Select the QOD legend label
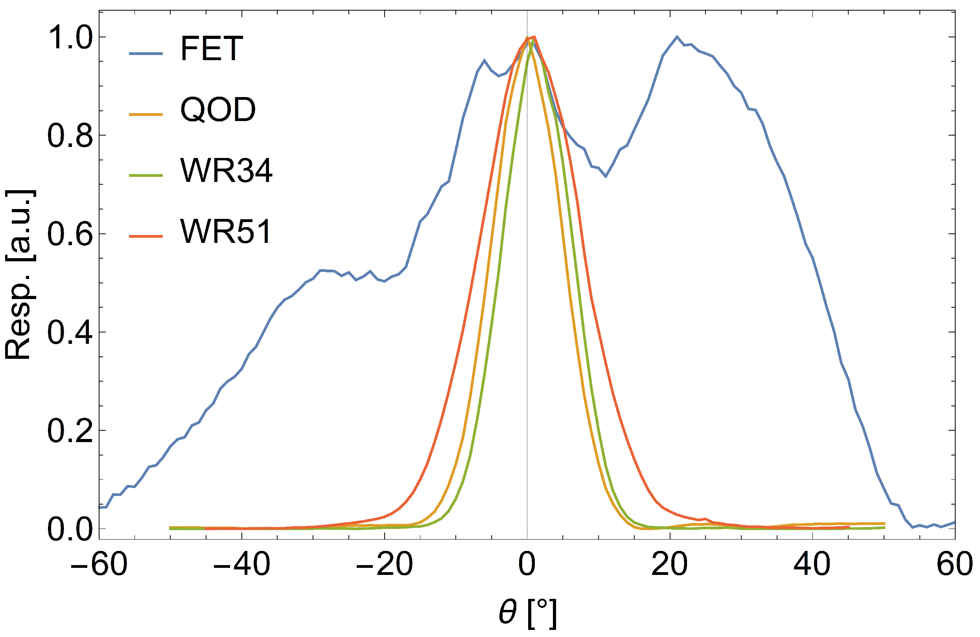(x=218, y=110)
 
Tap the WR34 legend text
(x=226, y=171)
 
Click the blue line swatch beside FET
(x=146, y=54)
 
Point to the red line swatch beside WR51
(x=146, y=236)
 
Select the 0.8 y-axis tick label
(x=70, y=136)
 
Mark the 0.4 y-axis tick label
(x=70, y=333)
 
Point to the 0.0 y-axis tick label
(x=70, y=530)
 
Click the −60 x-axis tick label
(x=99, y=565)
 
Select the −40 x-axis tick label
(x=242, y=565)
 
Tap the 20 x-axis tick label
(x=670, y=565)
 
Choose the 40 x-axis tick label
(x=812, y=565)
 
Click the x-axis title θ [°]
(x=527, y=613)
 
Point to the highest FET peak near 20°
(x=676, y=37)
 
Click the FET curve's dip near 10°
(x=606, y=176)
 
